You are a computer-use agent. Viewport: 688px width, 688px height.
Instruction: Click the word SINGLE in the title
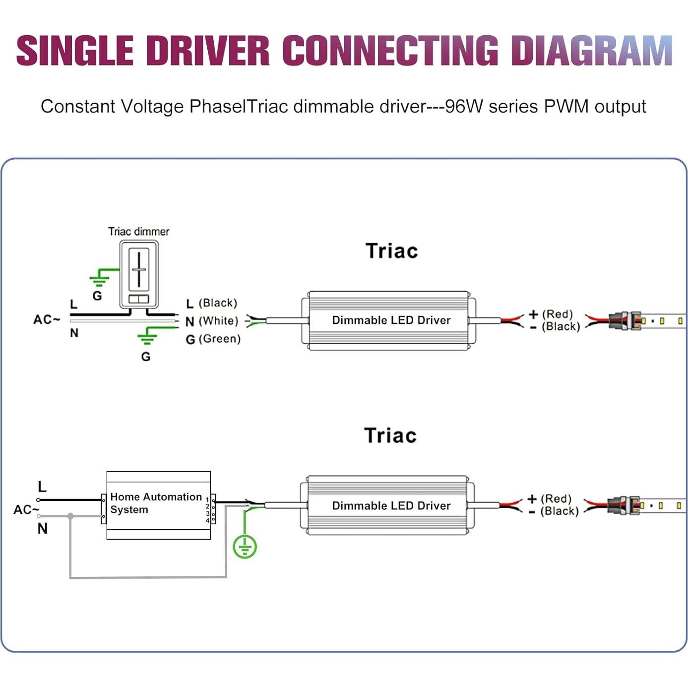[75, 51]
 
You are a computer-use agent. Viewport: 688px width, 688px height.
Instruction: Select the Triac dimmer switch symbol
[139, 274]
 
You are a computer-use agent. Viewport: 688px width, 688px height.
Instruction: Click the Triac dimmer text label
[138, 232]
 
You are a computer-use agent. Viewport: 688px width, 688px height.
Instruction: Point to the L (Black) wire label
[212, 303]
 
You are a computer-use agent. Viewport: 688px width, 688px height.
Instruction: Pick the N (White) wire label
[212, 321]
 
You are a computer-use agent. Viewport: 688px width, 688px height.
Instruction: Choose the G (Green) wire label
[213, 339]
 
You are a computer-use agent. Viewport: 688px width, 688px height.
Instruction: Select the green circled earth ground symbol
[245, 547]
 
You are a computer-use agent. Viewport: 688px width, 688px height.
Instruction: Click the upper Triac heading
[391, 251]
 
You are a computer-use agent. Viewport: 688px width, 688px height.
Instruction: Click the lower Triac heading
[390, 436]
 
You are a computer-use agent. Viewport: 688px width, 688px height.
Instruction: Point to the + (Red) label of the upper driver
[551, 314]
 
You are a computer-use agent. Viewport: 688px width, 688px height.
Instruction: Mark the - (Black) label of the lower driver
[554, 511]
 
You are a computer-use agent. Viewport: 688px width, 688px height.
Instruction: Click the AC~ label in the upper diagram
[47, 319]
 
